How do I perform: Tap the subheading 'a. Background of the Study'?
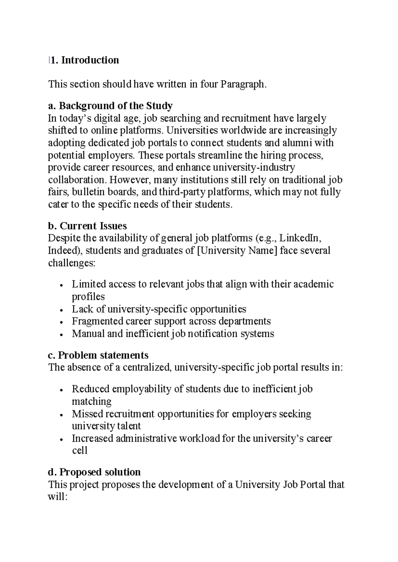(110, 106)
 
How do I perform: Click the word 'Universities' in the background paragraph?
(192, 130)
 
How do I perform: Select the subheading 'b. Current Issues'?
(88, 226)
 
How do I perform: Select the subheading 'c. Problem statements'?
(98, 355)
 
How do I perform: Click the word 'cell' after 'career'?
(80, 451)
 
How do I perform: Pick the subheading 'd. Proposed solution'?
(95, 472)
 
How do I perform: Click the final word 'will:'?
(57, 497)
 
